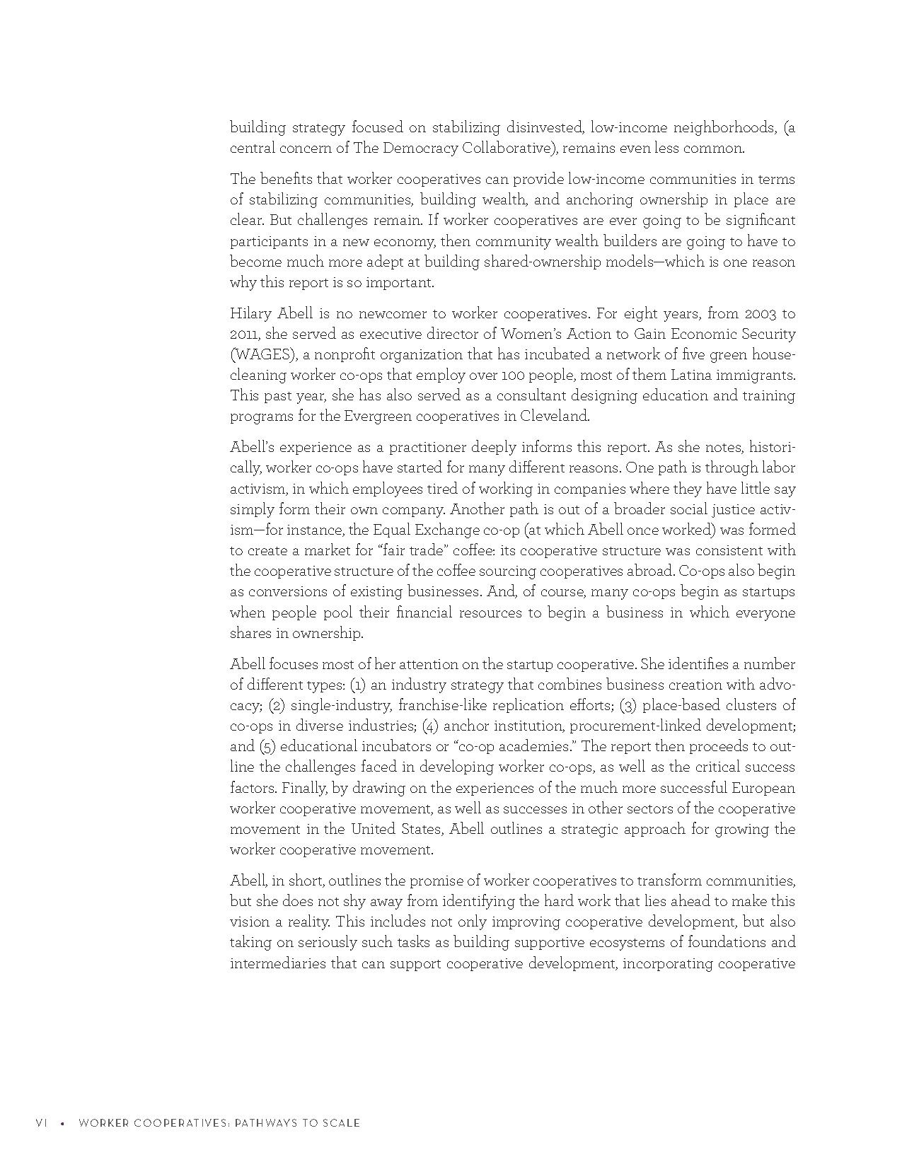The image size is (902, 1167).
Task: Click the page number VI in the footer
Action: [41, 1123]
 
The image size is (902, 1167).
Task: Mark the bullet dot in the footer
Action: [63, 1123]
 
